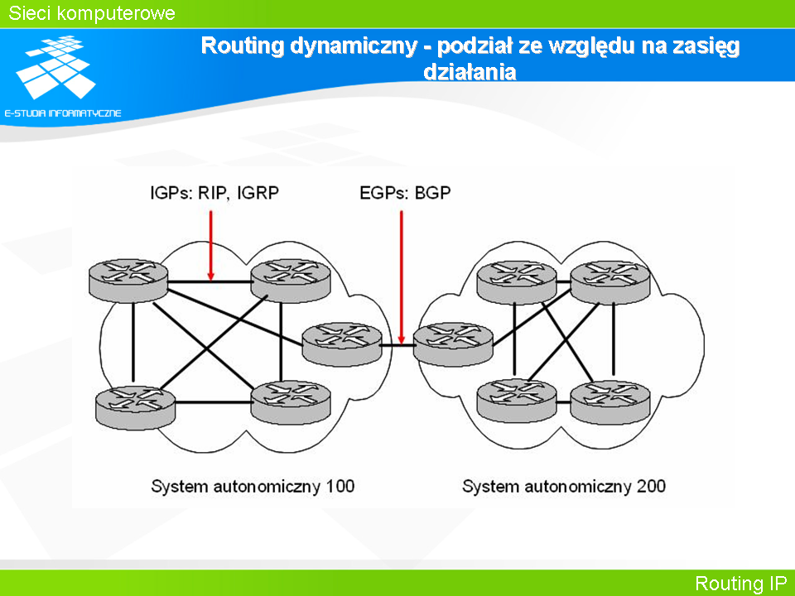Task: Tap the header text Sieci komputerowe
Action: click(x=92, y=13)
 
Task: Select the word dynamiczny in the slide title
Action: click(x=354, y=46)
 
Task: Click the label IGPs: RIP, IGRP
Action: click(x=214, y=193)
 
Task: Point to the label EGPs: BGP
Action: click(x=405, y=193)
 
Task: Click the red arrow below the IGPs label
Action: click(x=211, y=245)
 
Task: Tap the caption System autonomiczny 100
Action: click(x=253, y=487)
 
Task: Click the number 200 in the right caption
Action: click(x=651, y=487)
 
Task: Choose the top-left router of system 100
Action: click(x=128, y=281)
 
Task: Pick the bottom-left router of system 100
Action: click(x=135, y=407)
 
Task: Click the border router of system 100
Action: click(x=342, y=344)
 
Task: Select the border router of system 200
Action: click(x=453, y=344)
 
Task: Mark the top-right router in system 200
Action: click(x=610, y=281)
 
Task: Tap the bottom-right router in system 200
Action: click(x=610, y=402)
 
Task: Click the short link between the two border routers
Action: click(x=397, y=345)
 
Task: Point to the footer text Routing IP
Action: click(x=740, y=584)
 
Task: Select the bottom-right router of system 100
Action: click(x=291, y=402)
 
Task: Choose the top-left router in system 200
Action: click(x=517, y=281)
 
